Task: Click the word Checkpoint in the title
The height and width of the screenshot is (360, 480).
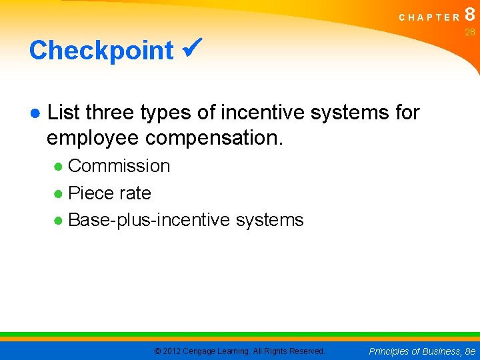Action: point(101,50)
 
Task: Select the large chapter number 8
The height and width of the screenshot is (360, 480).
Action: point(470,15)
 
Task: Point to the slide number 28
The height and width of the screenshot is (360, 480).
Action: point(470,33)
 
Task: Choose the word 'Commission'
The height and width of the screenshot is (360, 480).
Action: point(119,166)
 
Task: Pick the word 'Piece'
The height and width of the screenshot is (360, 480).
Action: point(90,193)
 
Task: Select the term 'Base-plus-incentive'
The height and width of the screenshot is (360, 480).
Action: point(151,220)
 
